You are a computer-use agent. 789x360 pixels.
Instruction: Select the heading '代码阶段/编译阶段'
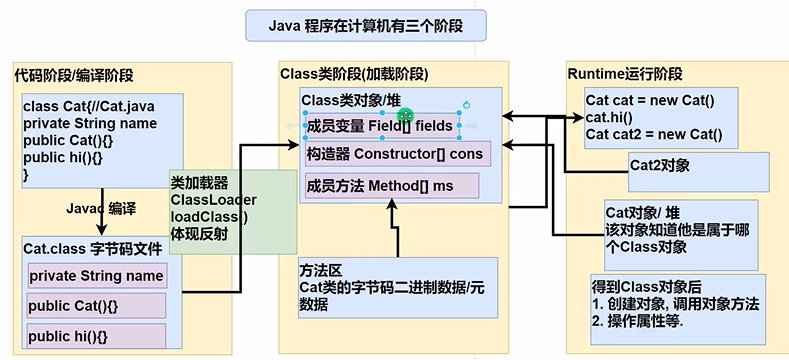74,76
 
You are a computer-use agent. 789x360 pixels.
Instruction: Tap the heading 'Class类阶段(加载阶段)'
354,74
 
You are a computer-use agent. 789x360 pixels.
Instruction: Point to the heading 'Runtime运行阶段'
625,75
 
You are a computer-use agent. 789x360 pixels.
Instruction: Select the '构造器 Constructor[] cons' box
397,154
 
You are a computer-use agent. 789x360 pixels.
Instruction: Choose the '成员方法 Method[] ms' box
392,187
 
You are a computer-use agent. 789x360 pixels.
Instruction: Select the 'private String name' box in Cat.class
96,275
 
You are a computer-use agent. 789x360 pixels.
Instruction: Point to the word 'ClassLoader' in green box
206,200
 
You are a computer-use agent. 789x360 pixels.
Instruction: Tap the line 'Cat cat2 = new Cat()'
655,134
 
